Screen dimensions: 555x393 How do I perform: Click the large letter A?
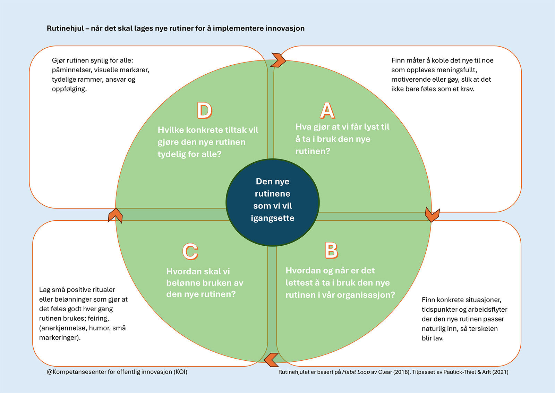(327, 110)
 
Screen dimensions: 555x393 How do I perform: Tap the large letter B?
(332, 251)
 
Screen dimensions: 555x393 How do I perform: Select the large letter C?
(190, 251)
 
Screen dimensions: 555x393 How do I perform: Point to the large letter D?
(205, 110)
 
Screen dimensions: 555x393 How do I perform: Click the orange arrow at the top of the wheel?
(278, 60)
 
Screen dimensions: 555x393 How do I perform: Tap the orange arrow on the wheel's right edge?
(432, 214)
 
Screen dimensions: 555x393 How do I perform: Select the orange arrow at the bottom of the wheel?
(272, 360)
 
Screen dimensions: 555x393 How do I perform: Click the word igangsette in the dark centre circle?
(273, 218)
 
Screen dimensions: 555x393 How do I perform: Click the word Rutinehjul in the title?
(66, 28)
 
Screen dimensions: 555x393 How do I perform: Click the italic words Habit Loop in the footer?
(356, 372)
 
